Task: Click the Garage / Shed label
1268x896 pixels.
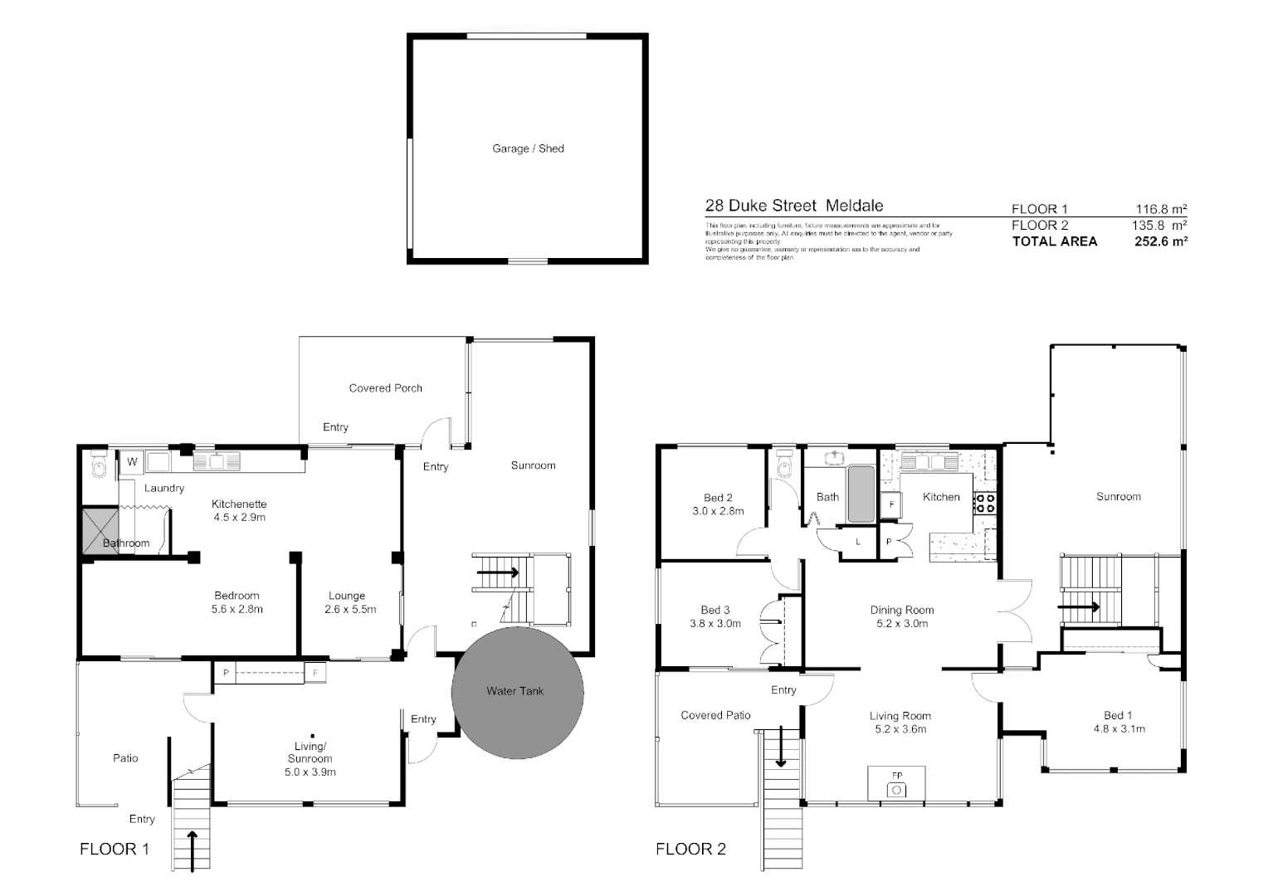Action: [x=528, y=149]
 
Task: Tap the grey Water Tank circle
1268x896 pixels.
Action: [x=517, y=691]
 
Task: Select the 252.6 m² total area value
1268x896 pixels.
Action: [x=1160, y=241]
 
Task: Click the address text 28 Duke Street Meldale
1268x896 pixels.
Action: [x=794, y=206]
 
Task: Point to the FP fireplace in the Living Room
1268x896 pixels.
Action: [x=896, y=784]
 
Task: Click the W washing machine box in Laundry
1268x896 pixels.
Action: [x=132, y=462]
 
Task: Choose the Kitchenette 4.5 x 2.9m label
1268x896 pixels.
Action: [x=239, y=510]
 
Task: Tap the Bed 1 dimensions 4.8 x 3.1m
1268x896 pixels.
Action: [x=1118, y=729]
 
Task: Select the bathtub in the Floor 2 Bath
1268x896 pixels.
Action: [x=861, y=495]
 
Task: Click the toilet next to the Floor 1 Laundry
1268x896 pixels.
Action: [x=100, y=467]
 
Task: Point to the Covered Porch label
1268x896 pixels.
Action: [x=385, y=388]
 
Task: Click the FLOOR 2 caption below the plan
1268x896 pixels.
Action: [x=690, y=849]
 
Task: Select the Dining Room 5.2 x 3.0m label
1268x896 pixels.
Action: [x=902, y=616]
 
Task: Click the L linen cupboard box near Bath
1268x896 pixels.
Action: [x=857, y=542]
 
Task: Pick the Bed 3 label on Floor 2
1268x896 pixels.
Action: [x=715, y=610]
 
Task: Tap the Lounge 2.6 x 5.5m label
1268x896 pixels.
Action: [x=347, y=602]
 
